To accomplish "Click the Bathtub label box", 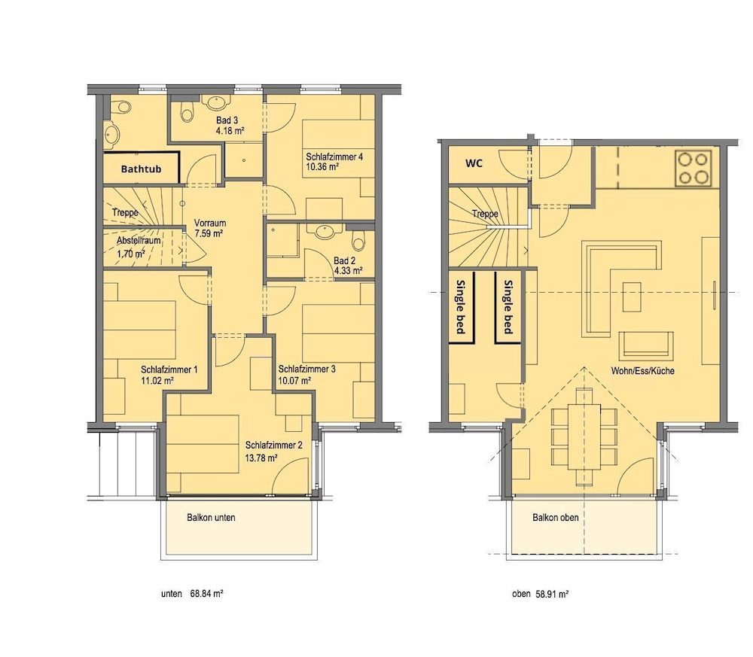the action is [x=142, y=168].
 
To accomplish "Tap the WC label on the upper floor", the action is [x=474, y=163].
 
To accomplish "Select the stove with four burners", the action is [x=693, y=168].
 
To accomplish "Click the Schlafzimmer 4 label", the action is [x=334, y=157].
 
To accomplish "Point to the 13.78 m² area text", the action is [x=261, y=458].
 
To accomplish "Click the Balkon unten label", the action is [x=211, y=517].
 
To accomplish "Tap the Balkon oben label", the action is [x=555, y=517].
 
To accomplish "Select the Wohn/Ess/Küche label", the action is [x=642, y=370].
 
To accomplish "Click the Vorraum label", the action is [x=210, y=224].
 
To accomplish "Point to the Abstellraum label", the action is [x=139, y=240].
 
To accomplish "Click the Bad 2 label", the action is [x=344, y=261].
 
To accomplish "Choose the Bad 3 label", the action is [x=227, y=120].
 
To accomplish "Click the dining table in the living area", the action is [x=584, y=436].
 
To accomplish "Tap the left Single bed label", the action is [x=461, y=306].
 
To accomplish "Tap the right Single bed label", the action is [x=508, y=306].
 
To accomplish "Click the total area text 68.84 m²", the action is [x=206, y=594].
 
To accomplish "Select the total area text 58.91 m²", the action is [x=552, y=594].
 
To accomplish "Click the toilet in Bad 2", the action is [x=358, y=240].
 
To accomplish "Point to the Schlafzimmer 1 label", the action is [x=169, y=370].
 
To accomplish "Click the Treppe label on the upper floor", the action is [x=485, y=214].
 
